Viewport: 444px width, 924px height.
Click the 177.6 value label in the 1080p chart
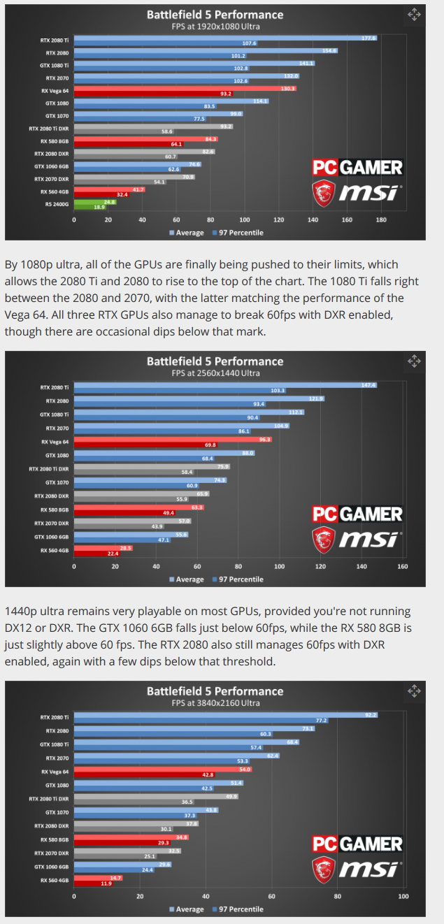[x=368, y=38]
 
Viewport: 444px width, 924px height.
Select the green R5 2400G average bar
[x=95, y=202]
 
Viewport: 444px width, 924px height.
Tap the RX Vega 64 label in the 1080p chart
[x=55, y=91]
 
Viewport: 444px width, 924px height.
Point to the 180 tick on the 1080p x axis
[x=381, y=220]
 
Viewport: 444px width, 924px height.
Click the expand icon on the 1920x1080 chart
[x=414, y=15]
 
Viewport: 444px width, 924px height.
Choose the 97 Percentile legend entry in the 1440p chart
[x=238, y=579]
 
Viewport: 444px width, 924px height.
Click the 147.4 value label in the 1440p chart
[x=368, y=385]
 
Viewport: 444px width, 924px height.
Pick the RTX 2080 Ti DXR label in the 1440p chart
[x=49, y=469]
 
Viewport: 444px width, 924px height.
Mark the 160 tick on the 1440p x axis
[x=402, y=566]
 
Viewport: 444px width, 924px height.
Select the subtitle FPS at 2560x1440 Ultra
[x=215, y=373]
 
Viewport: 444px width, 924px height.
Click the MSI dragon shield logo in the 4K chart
[x=323, y=870]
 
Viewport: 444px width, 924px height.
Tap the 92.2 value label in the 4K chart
[x=371, y=715]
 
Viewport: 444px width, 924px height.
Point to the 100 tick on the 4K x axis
[x=403, y=896]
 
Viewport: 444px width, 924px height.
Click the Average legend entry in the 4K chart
[x=187, y=909]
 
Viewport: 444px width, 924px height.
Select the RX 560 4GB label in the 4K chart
[x=55, y=880]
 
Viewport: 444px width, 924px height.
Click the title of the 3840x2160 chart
[x=215, y=691]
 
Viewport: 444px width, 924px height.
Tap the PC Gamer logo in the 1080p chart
[x=357, y=168]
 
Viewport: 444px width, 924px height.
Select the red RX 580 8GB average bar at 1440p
[x=139, y=507]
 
